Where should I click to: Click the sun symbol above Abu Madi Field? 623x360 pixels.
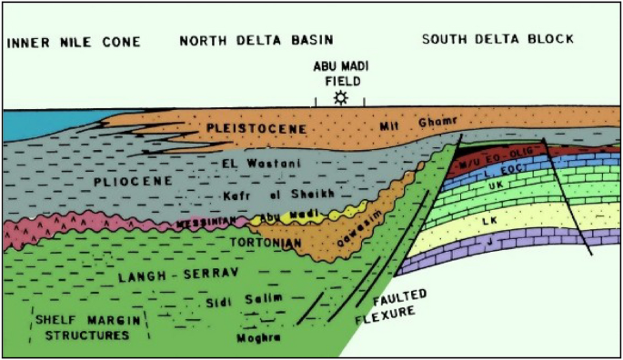pos(340,97)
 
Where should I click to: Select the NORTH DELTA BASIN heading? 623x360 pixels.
pos(256,39)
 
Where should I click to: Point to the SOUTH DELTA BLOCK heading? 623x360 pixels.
pos(498,39)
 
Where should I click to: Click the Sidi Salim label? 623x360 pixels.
pos(225,297)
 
